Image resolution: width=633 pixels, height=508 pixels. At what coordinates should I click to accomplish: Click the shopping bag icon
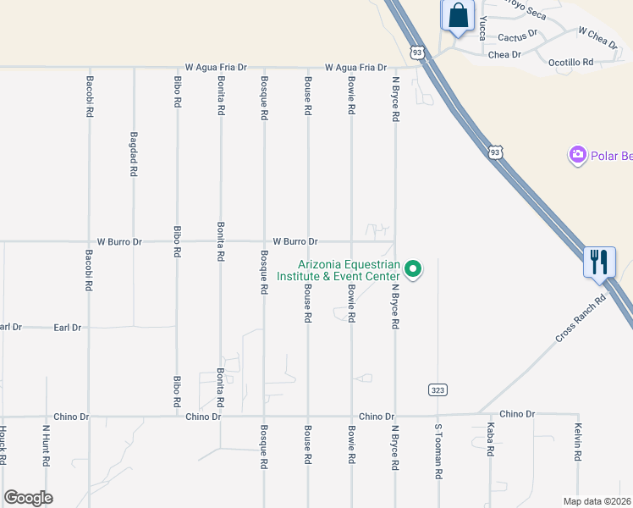[457, 16]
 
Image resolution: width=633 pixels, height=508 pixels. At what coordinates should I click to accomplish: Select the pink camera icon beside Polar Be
[578, 154]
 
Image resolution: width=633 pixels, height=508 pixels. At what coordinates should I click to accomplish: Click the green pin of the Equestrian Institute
[414, 269]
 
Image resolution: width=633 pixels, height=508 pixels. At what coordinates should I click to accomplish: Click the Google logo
[28, 498]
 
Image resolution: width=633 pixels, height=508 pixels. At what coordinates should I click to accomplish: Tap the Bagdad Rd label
[134, 153]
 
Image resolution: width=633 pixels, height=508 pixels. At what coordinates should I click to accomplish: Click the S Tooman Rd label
[438, 452]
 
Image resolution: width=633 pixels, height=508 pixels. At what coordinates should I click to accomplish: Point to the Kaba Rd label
[490, 440]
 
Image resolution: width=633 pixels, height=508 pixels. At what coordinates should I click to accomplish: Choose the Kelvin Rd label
[578, 441]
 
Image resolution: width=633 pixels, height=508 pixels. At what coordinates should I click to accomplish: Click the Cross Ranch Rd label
[582, 317]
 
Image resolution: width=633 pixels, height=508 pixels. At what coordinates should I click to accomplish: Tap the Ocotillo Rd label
[570, 62]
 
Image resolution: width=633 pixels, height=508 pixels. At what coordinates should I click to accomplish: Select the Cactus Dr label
[517, 36]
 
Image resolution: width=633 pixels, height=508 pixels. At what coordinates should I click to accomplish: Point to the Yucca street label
[483, 28]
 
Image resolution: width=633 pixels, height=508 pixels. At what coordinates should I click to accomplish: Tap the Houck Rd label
[3, 444]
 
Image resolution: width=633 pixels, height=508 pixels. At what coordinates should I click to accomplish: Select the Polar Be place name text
[612, 156]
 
